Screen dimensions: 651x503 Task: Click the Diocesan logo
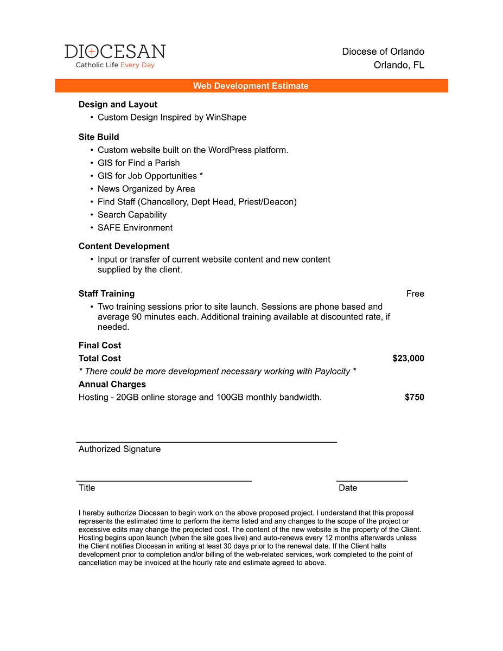click(115, 56)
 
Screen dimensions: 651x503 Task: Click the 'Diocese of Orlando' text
click(383, 52)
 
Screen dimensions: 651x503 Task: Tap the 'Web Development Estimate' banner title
click(251, 86)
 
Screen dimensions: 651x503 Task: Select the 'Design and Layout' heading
click(118, 105)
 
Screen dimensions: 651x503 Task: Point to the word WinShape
click(226, 118)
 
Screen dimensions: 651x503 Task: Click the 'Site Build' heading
click(99, 137)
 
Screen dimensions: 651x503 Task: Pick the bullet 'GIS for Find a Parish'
click(138, 163)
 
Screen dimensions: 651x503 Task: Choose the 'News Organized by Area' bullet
click(146, 189)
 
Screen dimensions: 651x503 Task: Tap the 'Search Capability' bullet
click(132, 215)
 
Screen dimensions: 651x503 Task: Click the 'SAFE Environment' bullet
click(135, 228)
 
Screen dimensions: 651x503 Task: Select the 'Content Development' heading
click(124, 246)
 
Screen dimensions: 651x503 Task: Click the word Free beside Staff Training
click(415, 294)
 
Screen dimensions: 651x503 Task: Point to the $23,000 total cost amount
click(408, 359)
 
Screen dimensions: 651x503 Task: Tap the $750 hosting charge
click(415, 398)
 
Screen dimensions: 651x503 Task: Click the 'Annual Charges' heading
click(112, 385)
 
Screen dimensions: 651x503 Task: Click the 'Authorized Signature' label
click(119, 449)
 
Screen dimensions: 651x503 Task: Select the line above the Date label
click(372, 481)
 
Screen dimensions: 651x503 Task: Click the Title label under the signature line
click(87, 488)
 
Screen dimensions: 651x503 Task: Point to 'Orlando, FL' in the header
click(399, 66)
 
